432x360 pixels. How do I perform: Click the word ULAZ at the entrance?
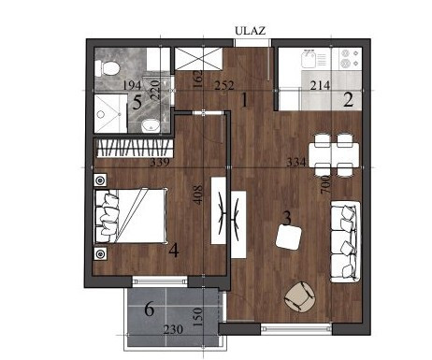coord(250,31)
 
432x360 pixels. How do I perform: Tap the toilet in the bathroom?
coord(108,68)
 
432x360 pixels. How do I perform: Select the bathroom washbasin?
coord(151,125)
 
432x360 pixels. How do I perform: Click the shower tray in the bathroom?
coord(110,114)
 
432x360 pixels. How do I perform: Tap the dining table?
coord(334,155)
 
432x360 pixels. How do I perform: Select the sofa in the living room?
coord(346,241)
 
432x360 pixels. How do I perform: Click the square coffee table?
coord(289,237)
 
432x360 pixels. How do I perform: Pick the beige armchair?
coord(300,296)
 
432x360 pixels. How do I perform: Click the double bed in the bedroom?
coord(130,215)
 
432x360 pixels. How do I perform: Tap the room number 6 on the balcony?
coord(150,310)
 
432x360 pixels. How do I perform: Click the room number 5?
coord(137,103)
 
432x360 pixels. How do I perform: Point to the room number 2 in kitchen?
coord(348,100)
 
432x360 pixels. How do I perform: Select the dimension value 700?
coord(325,184)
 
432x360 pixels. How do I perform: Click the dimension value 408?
coord(198,195)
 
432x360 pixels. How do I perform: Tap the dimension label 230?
coord(173,329)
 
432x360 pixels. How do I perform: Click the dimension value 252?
coord(224,85)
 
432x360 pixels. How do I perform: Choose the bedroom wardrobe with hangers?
coord(134,148)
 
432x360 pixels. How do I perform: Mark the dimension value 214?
coord(320,85)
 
